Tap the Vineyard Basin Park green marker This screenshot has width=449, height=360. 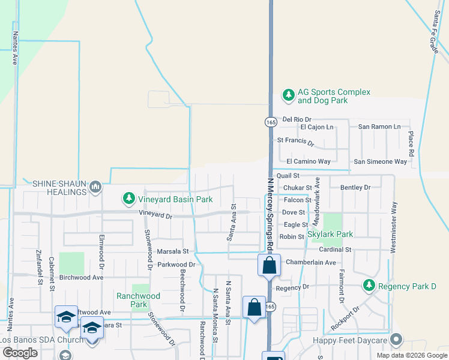point(128,197)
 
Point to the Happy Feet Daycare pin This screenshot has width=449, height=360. point(396,340)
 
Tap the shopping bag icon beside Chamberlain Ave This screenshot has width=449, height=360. point(269,265)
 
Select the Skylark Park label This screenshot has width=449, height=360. point(330,234)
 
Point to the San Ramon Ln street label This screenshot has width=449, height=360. point(379,127)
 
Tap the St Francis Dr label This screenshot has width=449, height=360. point(295,142)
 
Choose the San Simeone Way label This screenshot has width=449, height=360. point(381,161)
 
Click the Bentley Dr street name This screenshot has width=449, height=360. point(355,188)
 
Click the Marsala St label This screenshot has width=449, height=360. point(173,251)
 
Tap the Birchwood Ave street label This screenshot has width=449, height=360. point(81,277)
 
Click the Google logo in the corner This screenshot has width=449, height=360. point(20,353)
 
